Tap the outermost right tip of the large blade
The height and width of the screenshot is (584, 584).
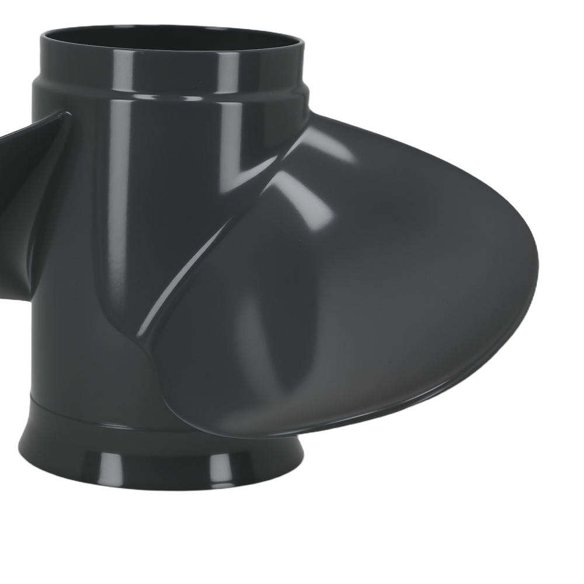point(536,263)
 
